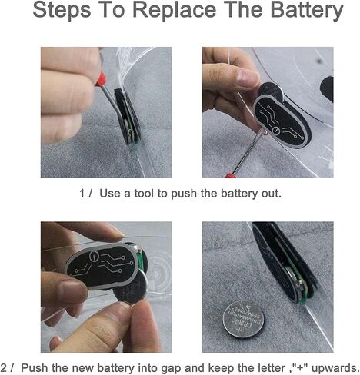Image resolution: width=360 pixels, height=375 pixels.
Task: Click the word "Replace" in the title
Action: pyautogui.click(x=175, y=10)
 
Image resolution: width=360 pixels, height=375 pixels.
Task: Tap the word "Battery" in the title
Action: pyautogui.click(x=307, y=10)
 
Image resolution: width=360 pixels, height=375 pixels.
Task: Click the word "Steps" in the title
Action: pyautogui.click(x=62, y=10)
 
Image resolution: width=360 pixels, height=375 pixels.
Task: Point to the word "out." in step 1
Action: pyautogui.click(x=272, y=194)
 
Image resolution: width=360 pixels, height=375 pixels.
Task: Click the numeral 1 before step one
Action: pyautogui.click(x=82, y=194)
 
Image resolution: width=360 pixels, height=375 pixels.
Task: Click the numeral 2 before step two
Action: pyautogui.click(x=4, y=368)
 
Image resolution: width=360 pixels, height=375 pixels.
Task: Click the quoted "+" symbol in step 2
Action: pyautogui.click(x=300, y=367)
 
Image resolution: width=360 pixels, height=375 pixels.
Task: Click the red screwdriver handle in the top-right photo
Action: pyautogui.click(x=231, y=176)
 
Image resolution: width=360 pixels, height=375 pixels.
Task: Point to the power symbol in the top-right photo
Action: pyautogui.click(x=276, y=131)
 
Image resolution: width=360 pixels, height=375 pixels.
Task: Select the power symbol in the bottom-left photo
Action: pyautogui.click(x=94, y=256)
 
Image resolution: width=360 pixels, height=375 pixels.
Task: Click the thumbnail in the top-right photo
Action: pyautogui.click(x=248, y=78)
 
